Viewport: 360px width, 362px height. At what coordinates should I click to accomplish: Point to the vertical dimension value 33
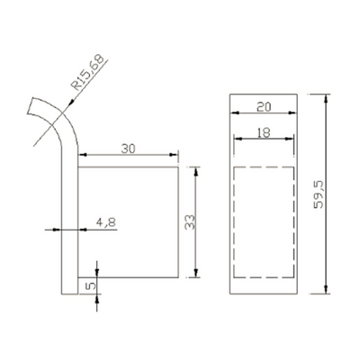point(190,222)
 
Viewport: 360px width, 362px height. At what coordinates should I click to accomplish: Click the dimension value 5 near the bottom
point(88,284)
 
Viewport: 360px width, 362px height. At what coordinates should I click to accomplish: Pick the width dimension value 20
point(263,105)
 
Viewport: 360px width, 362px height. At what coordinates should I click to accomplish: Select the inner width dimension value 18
point(263,131)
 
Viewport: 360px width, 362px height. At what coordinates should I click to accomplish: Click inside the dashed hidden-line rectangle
point(263,221)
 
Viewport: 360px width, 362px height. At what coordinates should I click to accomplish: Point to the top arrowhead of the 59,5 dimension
point(325,95)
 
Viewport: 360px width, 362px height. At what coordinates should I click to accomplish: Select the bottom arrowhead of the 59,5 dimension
point(325,290)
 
